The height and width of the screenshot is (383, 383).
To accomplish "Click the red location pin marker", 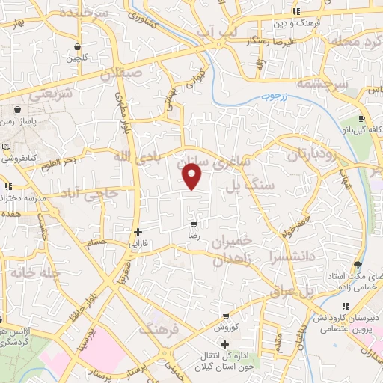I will pyautogui.click(x=193, y=177).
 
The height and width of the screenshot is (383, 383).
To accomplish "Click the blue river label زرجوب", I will pyautogui.click(x=273, y=97).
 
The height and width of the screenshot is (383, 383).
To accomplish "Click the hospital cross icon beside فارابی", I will pyautogui.click(x=137, y=232).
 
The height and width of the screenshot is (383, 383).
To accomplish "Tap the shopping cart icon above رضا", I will pyautogui.click(x=194, y=224).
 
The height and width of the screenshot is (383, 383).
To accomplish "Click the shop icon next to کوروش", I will pyautogui.click(x=225, y=317).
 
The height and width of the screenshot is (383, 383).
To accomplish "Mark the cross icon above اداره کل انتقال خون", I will pyautogui.click(x=225, y=344).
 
